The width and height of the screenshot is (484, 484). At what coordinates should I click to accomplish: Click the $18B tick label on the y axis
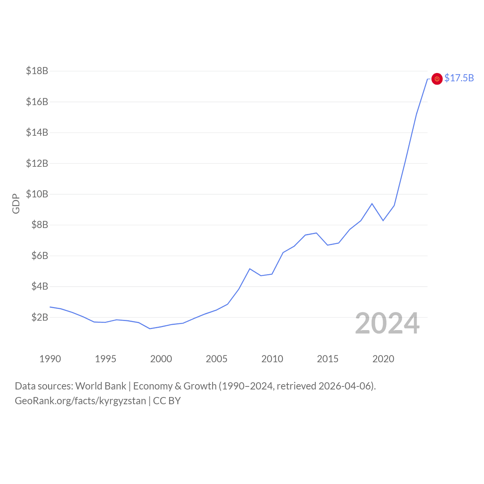pyautogui.click(x=37, y=71)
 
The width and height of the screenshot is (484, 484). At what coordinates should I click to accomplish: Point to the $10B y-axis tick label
pyautogui.click(x=37, y=194)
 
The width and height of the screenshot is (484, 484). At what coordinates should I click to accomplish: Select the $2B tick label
pyautogui.click(x=40, y=317)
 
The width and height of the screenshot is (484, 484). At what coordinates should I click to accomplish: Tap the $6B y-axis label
pyautogui.click(x=40, y=256)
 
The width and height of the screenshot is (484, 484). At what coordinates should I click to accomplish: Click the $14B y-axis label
pyautogui.click(x=37, y=132)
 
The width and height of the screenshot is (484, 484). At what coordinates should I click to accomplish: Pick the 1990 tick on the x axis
pyautogui.click(x=50, y=359)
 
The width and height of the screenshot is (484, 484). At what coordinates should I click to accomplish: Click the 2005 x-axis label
pyautogui.click(x=217, y=359)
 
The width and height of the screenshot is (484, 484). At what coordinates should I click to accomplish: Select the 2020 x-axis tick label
pyautogui.click(x=383, y=359)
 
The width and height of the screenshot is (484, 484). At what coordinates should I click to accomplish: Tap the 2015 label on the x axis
pyautogui.click(x=327, y=359)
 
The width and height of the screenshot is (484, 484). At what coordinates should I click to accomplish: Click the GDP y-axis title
pyautogui.click(x=16, y=203)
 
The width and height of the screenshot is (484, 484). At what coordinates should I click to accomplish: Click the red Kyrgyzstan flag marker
pyautogui.click(x=437, y=79)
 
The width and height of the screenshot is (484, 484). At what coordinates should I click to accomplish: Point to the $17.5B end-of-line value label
pyautogui.click(x=459, y=78)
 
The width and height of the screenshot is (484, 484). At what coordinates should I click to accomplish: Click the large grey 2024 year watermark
pyautogui.click(x=387, y=323)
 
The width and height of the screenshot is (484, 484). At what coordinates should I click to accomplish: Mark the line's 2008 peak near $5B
pyautogui.click(x=250, y=268)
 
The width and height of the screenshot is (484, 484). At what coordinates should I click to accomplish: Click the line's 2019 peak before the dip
pyautogui.click(x=372, y=203)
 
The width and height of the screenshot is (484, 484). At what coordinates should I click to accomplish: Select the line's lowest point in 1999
pyautogui.click(x=150, y=329)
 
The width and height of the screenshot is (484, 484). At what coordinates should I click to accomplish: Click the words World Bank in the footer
pyautogui.click(x=101, y=386)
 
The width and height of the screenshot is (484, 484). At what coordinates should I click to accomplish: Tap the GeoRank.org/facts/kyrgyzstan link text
pyautogui.click(x=80, y=401)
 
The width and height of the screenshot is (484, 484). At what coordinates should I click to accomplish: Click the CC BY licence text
pyautogui.click(x=167, y=401)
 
